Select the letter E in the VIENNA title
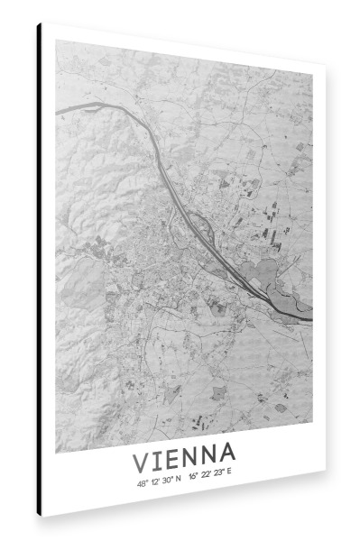pyautogui.click(x=174, y=458)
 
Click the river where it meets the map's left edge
pyautogui.click(x=58, y=111)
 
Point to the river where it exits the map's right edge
pyautogui.click(x=310, y=318)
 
